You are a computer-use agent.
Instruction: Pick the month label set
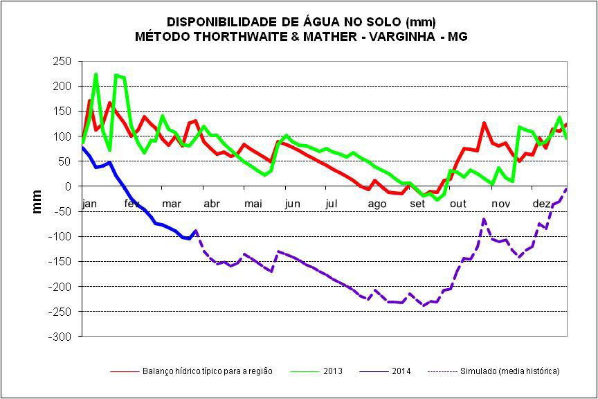pyautogui.click(x=417, y=204)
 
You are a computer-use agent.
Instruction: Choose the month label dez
pyautogui.click(x=541, y=204)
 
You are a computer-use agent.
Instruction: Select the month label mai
pyautogui.click(x=253, y=204)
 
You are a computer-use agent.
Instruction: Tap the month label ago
pyautogui.click(x=377, y=204)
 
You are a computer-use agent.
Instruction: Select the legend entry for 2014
pyautogui.click(x=401, y=371)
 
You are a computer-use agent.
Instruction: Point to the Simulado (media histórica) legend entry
pyautogui.click(x=509, y=371)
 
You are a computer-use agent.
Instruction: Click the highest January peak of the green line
pyautogui.click(x=96, y=74)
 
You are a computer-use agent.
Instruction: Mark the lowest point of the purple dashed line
pyautogui.click(x=424, y=305)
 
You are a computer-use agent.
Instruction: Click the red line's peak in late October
pyautogui.click(x=484, y=123)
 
